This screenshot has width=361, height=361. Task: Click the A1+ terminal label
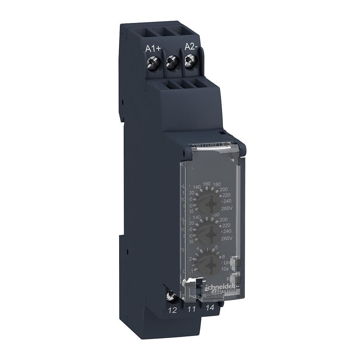point(153,49)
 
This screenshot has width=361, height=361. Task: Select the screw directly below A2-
point(191,63)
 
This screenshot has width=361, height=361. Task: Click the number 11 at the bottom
point(191,310)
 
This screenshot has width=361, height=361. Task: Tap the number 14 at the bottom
point(210,307)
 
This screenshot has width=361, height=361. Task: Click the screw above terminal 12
point(172,294)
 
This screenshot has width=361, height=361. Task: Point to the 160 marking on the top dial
point(207,184)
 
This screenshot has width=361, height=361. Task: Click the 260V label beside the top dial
point(226,208)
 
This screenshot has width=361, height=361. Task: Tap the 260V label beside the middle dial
point(226,238)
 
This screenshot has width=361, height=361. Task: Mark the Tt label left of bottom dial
point(183,250)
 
